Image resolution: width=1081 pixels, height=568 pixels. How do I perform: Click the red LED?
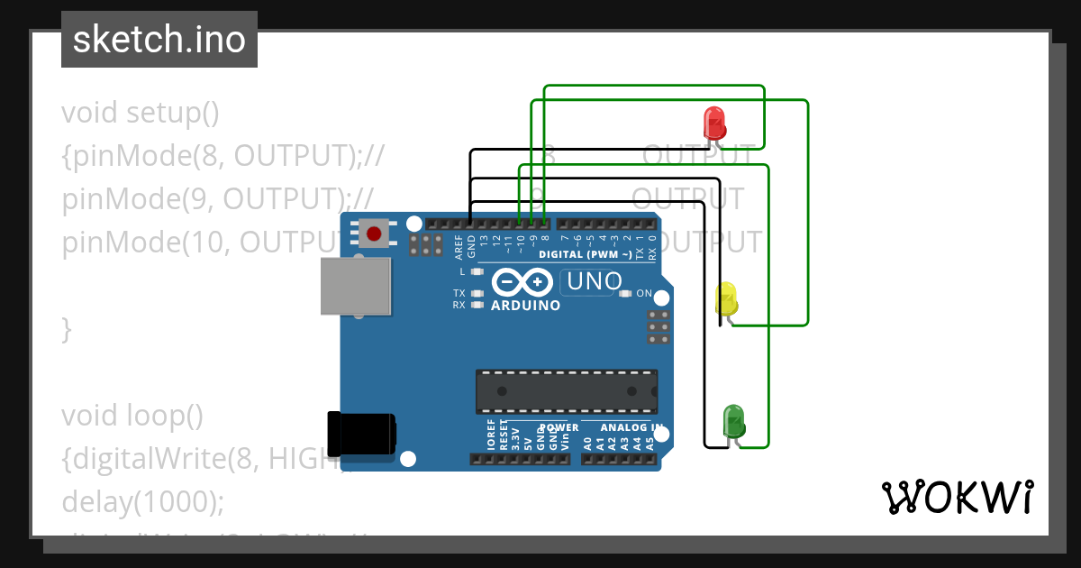[x=713, y=122]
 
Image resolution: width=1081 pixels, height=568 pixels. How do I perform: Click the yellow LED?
[x=726, y=298]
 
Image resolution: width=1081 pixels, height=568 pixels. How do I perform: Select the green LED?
[x=734, y=421]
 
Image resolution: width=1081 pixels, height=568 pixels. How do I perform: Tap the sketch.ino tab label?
[x=159, y=40]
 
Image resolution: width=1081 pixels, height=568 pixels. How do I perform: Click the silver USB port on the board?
[x=356, y=287]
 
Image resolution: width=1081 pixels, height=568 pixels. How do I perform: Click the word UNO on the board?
[x=592, y=282]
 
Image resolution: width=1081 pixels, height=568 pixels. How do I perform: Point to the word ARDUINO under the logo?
[x=525, y=306]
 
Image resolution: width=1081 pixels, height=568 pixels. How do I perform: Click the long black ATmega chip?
[x=567, y=390]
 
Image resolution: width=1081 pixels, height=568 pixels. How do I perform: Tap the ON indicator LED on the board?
[x=624, y=293]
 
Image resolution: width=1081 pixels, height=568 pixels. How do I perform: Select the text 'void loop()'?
[x=132, y=416]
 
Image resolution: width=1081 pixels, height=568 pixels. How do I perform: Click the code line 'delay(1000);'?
[x=142, y=502]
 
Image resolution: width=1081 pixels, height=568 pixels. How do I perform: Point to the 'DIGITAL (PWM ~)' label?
[x=586, y=254]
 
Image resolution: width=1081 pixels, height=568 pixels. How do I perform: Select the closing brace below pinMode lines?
[x=66, y=329]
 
